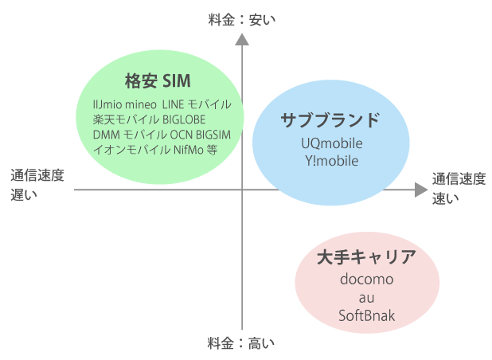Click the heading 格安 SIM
click(158, 81)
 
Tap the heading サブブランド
click(330, 120)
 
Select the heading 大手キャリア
click(366, 257)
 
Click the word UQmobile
click(332, 143)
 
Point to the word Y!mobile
click(332, 161)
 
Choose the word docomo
click(366, 279)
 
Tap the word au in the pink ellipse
click(366, 298)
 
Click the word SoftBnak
click(366, 315)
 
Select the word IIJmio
click(107, 104)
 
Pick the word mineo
click(141, 104)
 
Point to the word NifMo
click(189, 150)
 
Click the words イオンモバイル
click(132, 150)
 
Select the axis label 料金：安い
click(241, 20)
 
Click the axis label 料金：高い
click(241, 343)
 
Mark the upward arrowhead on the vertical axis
click(242, 40)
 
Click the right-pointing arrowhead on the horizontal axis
click(421, 190)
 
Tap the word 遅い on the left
click(24, 195)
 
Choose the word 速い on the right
click(445, 198)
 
